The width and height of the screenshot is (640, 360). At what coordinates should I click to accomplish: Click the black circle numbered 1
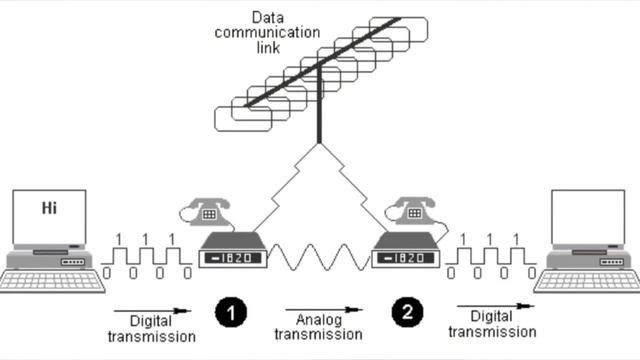pyautogui.click(x=231, y=313)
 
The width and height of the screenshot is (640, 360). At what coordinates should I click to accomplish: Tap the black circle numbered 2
pyautogui.click(x=407, y=312)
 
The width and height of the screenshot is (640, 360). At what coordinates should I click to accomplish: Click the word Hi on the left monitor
pyautogui.click(x=49, y=208)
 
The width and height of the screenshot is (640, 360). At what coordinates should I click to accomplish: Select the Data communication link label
pyautogui.click(x=267, y=33)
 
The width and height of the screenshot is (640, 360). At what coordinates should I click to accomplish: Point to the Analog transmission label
pyautogui.click(x=318, y=327)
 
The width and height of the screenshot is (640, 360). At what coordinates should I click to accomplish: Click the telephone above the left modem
pyautogui.click(x=208, y=212)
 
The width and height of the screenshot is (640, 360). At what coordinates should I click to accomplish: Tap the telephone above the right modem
pyautogui.click(x=413, y=211)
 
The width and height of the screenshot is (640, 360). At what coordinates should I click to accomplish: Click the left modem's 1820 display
pyautogui.click(x=233, y=258)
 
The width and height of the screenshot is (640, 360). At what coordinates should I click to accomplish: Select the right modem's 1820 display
pyautogui.click(x=406, y=258)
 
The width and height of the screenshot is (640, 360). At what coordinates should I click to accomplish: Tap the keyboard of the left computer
pyautogui.click(x=52, y=281)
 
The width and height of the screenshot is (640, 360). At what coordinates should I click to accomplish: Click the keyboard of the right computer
pyautogui.click(x=588, y=282)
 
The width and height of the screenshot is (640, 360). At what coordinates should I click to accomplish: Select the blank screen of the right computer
pyautogui.click(x=588, y=217)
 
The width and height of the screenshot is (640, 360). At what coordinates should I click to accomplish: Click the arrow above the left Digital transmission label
pyautogui.click(x=152, y=311)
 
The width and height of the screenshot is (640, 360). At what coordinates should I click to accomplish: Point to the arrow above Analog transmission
pyautogui.click(x=324, y=310)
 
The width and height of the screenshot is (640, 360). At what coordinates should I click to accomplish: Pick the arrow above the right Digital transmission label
pyautogui.click(x=496, y=306)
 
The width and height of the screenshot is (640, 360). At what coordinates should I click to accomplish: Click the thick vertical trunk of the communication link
pyautogui.click(x=319, y=104)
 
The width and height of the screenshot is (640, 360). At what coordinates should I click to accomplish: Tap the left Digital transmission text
pyautogui.click(x=151, y=329)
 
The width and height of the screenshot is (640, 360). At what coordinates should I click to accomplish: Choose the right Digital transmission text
pyautogui.click(x=492, y=324)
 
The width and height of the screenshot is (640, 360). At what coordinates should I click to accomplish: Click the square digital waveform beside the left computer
pyautogui.click(x=147, y=256)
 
